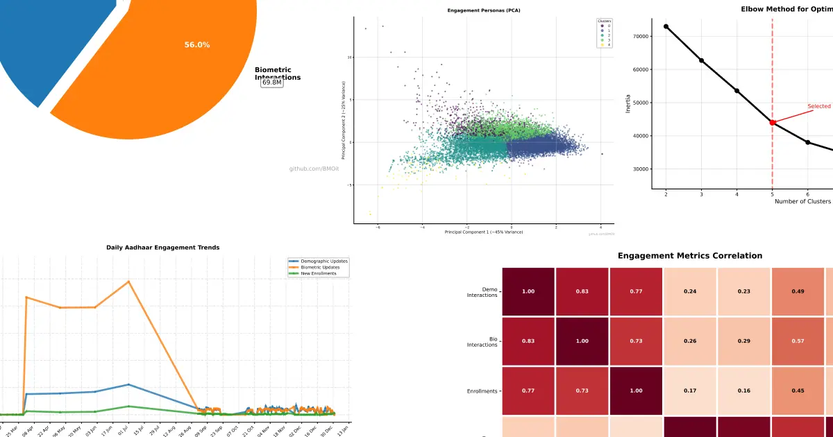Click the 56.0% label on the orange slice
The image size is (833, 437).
(x=197, y=45)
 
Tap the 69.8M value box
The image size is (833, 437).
(x=272, y=83)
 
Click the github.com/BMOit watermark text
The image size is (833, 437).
(x=314, y=169)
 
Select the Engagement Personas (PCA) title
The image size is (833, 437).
(x=484, y=11)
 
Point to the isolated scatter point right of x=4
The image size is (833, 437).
(x=602, y=154)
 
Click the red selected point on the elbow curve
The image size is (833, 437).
(x=773, y=122)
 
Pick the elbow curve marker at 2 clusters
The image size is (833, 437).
(x=666, y=26)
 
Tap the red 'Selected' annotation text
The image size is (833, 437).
(x=819, y=106)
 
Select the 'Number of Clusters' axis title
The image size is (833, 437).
(x=802, y=201)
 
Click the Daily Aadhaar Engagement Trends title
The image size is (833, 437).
(x=163, y=247)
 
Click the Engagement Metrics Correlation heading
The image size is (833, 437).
(x=690, y=256)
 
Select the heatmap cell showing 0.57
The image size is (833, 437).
(x=798, y=341)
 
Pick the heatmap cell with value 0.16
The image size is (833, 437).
(x=744, y=391)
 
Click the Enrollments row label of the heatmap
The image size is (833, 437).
(x=482, y=391)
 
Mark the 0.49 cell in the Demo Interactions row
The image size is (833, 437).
(x=798, y=291)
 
